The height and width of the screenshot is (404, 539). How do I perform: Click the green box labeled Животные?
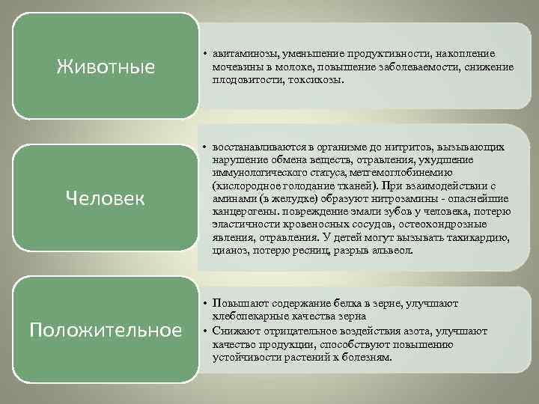[106, 67]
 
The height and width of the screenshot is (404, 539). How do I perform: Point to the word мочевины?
[236, 67]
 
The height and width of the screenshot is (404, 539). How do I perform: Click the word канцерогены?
[243, 212]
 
